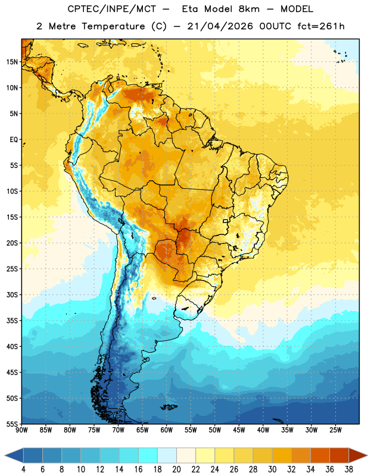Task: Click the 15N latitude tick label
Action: click(12, 62)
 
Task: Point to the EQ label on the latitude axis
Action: click(14, 140)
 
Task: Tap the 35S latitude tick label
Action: click(12, 321)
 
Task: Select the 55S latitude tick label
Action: click(12, 424)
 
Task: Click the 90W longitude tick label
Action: click(22, 430)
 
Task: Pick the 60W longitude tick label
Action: click(167, 430)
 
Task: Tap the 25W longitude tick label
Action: click(335, 430)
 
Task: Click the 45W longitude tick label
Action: click(239, 430)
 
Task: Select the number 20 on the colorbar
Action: click(176, 469)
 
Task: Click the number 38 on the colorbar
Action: click(349, 469)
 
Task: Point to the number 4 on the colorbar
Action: click(23, 469)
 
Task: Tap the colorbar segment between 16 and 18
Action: click(148, 455)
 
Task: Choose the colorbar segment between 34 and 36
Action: click(320, 455)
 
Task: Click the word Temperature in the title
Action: click(113, 26)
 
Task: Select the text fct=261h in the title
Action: click(321, 26)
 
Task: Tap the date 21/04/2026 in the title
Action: click(220, 26)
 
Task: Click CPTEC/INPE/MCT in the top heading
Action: click(111, 9)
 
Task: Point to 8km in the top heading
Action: click(249, 9)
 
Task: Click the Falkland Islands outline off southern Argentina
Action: click(169, 407)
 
